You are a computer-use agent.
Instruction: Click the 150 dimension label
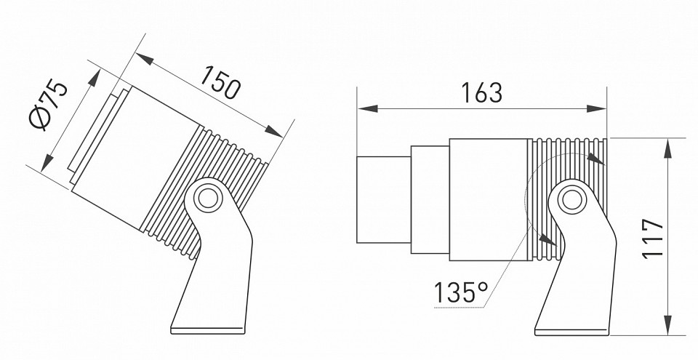click(x=220, y=82)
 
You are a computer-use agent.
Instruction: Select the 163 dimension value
click(x=481, y=93)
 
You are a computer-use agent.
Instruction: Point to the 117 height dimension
click(x=654, y=237)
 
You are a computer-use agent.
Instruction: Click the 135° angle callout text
click(x=461, y=292)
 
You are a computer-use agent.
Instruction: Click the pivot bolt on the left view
click(x=208, y=198)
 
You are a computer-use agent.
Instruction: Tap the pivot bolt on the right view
click(x=571, y=199)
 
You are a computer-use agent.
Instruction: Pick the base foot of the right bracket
click(x=571, y=325)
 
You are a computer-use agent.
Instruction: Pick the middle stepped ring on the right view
click(x=429, y=199)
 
